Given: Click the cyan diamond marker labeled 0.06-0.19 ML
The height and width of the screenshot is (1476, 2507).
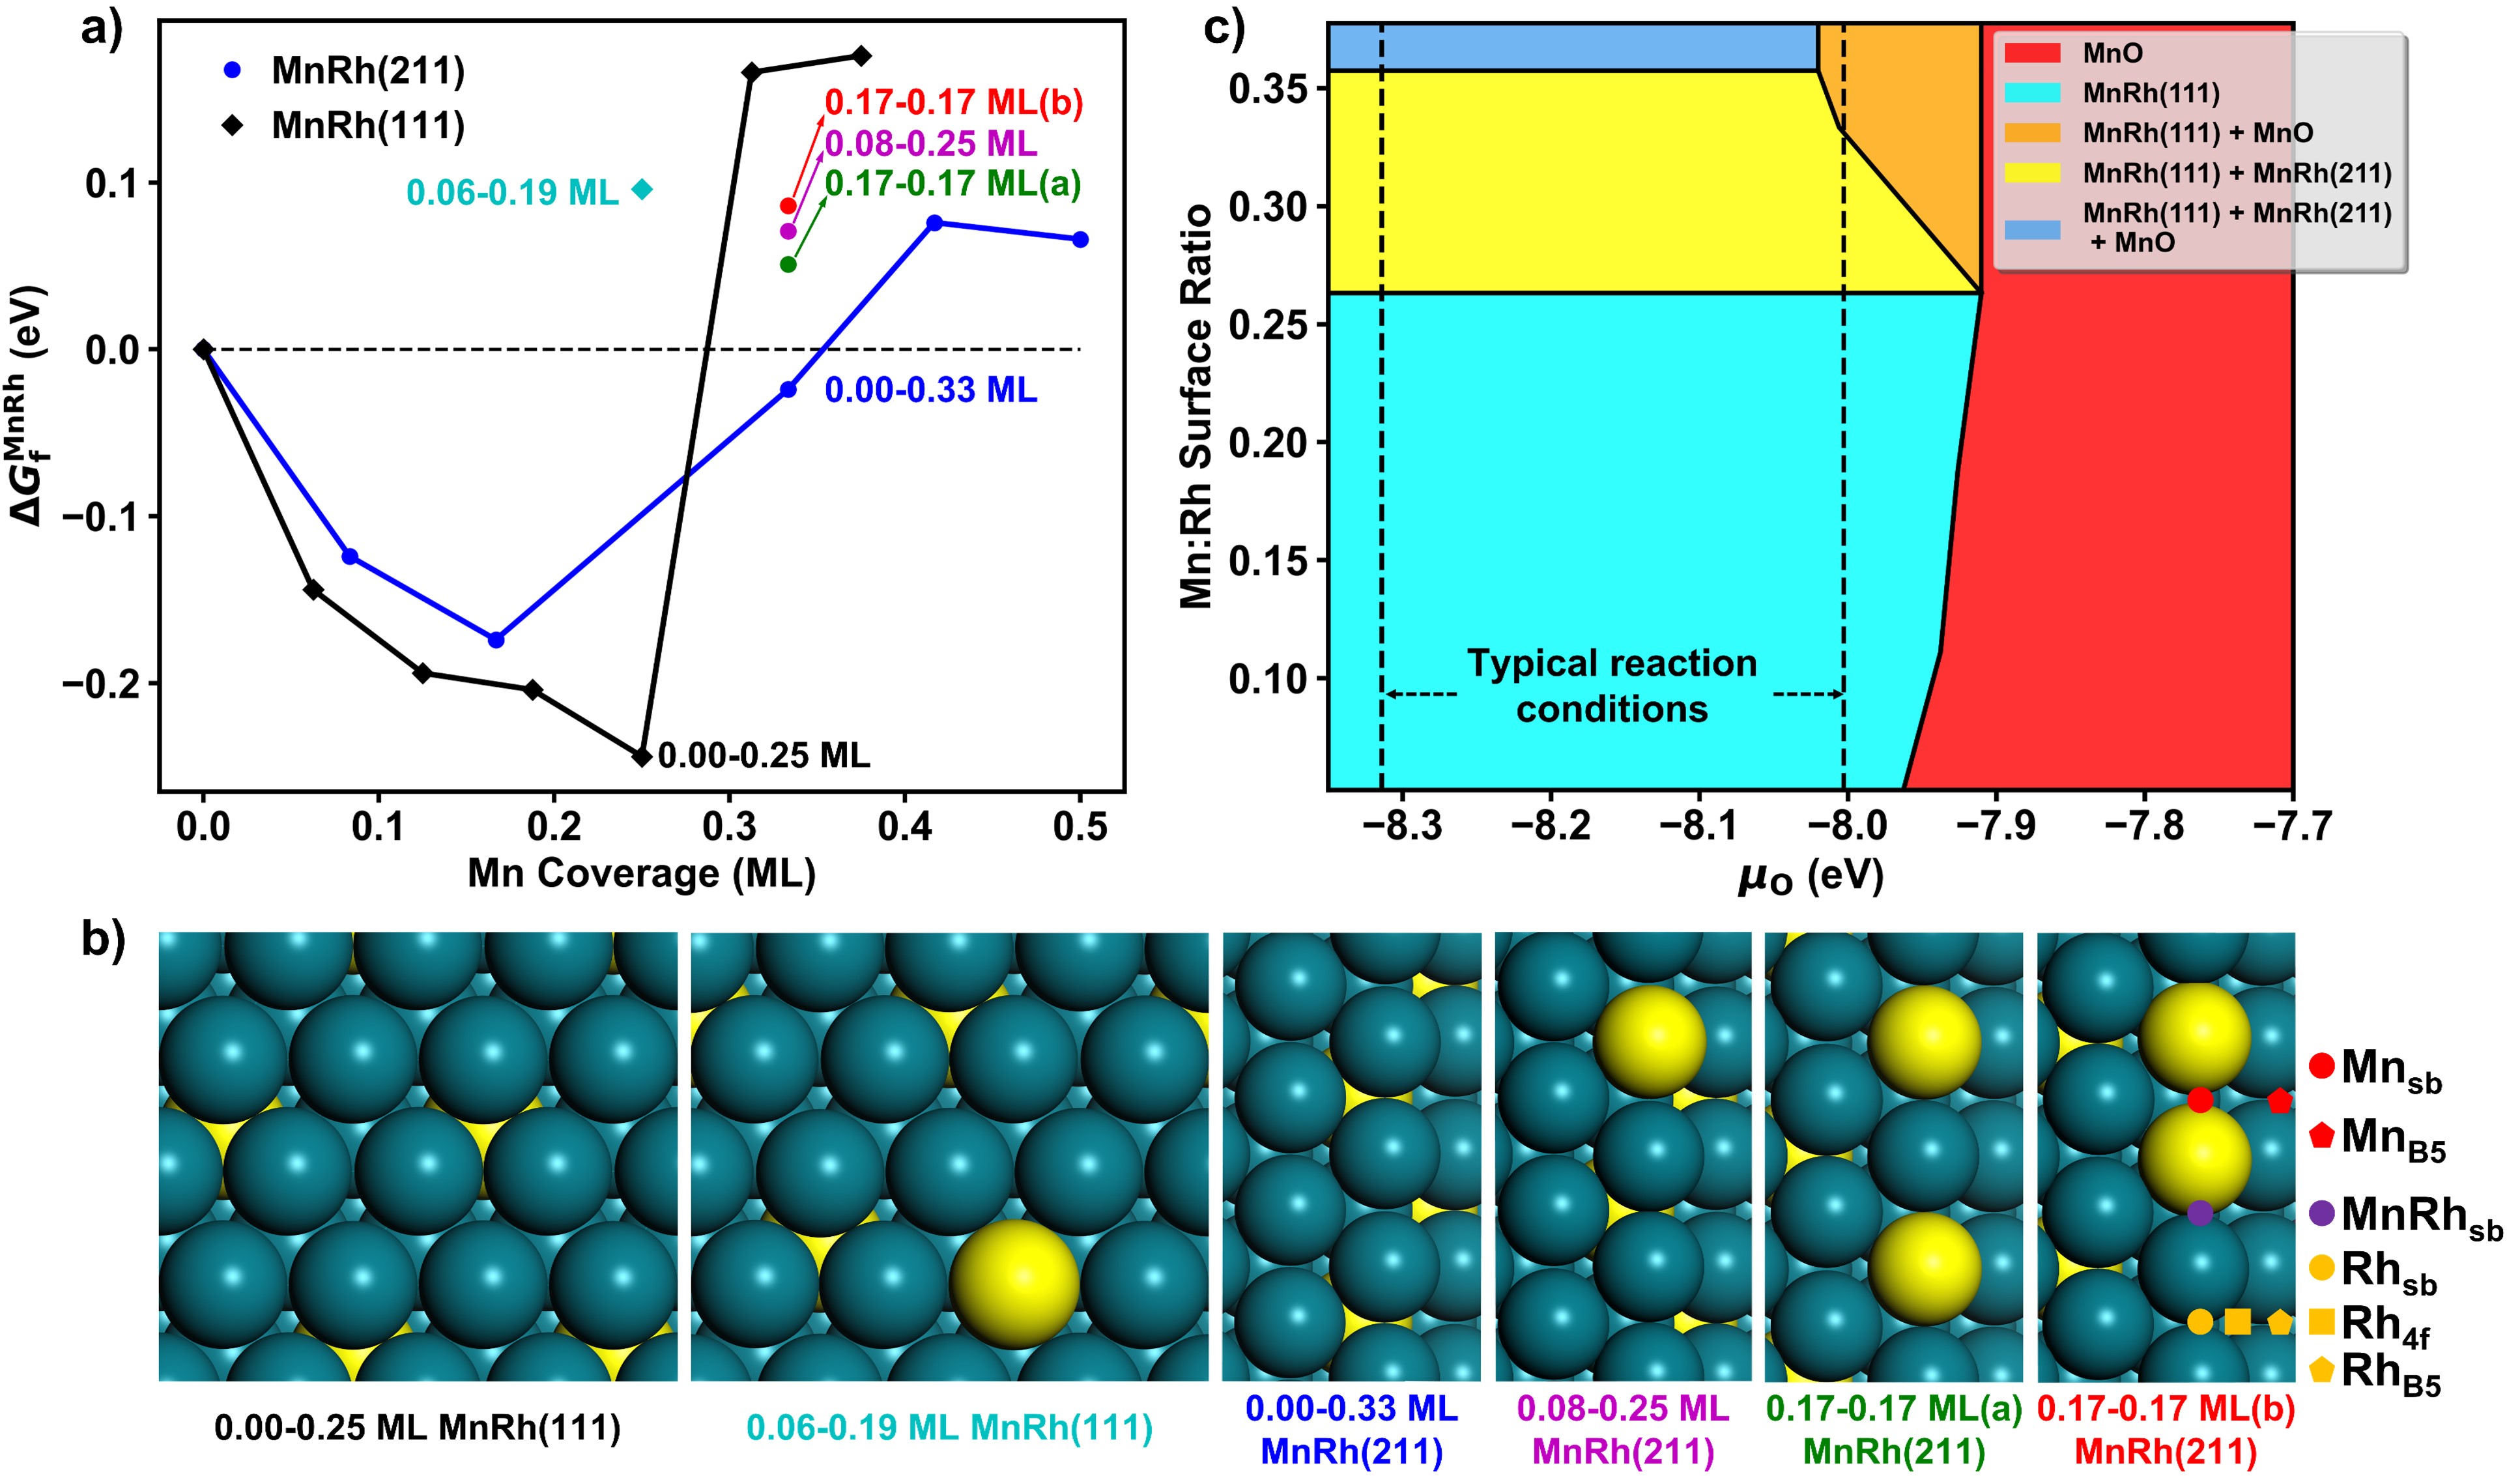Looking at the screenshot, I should point(642,189).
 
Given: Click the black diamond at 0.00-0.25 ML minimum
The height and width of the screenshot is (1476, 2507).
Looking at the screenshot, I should point(642,757).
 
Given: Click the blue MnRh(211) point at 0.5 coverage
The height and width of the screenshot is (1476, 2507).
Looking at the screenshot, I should point(1080,239).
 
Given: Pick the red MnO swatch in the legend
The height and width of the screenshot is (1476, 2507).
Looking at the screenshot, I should point(2031,53).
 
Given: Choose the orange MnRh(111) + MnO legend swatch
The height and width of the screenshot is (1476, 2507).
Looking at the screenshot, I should point(2031,132).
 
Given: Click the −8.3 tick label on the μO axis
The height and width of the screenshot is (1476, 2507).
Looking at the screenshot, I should point(1403,825).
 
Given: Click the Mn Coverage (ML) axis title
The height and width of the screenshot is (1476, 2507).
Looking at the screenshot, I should point(642,874).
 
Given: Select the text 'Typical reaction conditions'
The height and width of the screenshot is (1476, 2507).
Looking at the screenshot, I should point(1612,686).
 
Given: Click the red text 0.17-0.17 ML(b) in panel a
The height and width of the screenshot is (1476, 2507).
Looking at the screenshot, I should point(953,102).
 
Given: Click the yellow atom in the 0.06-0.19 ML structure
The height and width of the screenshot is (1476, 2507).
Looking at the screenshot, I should point(1015,1284).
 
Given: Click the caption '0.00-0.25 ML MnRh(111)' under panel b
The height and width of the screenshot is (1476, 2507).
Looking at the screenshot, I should point(418,1428).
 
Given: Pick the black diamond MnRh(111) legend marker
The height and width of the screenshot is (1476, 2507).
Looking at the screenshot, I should point(232,125).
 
